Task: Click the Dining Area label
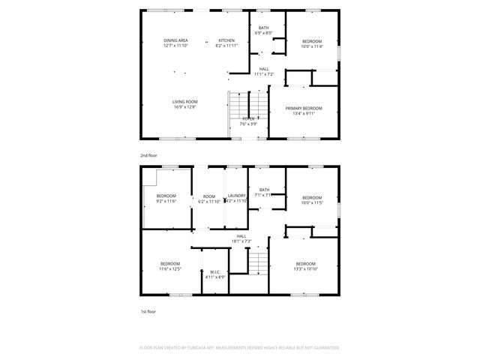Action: pyautogui.click(x=176, y=40)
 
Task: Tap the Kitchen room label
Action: pyautogui.click(x=226, y=40)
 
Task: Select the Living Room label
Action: pyautogui.click(x=184, y=101)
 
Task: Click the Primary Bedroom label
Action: pyautogui.click(x=304, y=109)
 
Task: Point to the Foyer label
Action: pyautogui.click(x=248, y=118)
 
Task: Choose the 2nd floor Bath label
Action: pyautogui.click(x=263, y=28)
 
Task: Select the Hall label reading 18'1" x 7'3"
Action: pyautogui.click(x=241, y=241)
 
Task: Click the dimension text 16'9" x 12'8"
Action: pyautogui.click(x=184, y=106)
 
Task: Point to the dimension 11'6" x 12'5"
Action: pyautogui.click(x=170, y=268)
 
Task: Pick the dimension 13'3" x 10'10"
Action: pyautogui.click(x=305, y=268)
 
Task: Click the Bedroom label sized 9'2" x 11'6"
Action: pyautogui.click(x=166, y=196)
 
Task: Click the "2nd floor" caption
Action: pyautogui.click(x=148, y=155)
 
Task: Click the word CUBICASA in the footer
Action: pyautogui.click(x=204, y=347)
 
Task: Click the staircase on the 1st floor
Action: pyautogui.click(x=258, y=262)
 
